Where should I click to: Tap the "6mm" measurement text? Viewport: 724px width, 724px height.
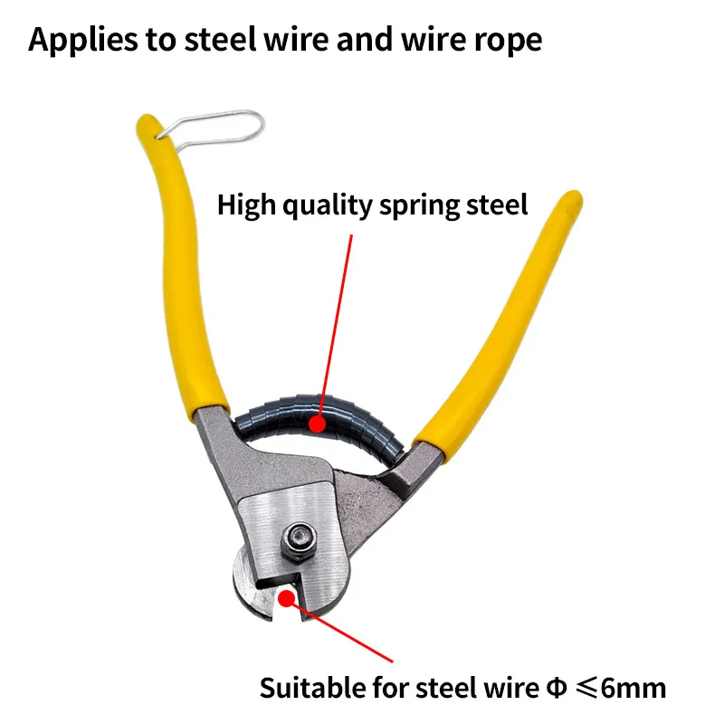(633, 688)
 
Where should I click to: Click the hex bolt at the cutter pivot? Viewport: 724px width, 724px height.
(299, 541)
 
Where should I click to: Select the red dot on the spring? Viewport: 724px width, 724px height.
(316, 421)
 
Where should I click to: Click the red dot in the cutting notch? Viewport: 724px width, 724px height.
(285, 597)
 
